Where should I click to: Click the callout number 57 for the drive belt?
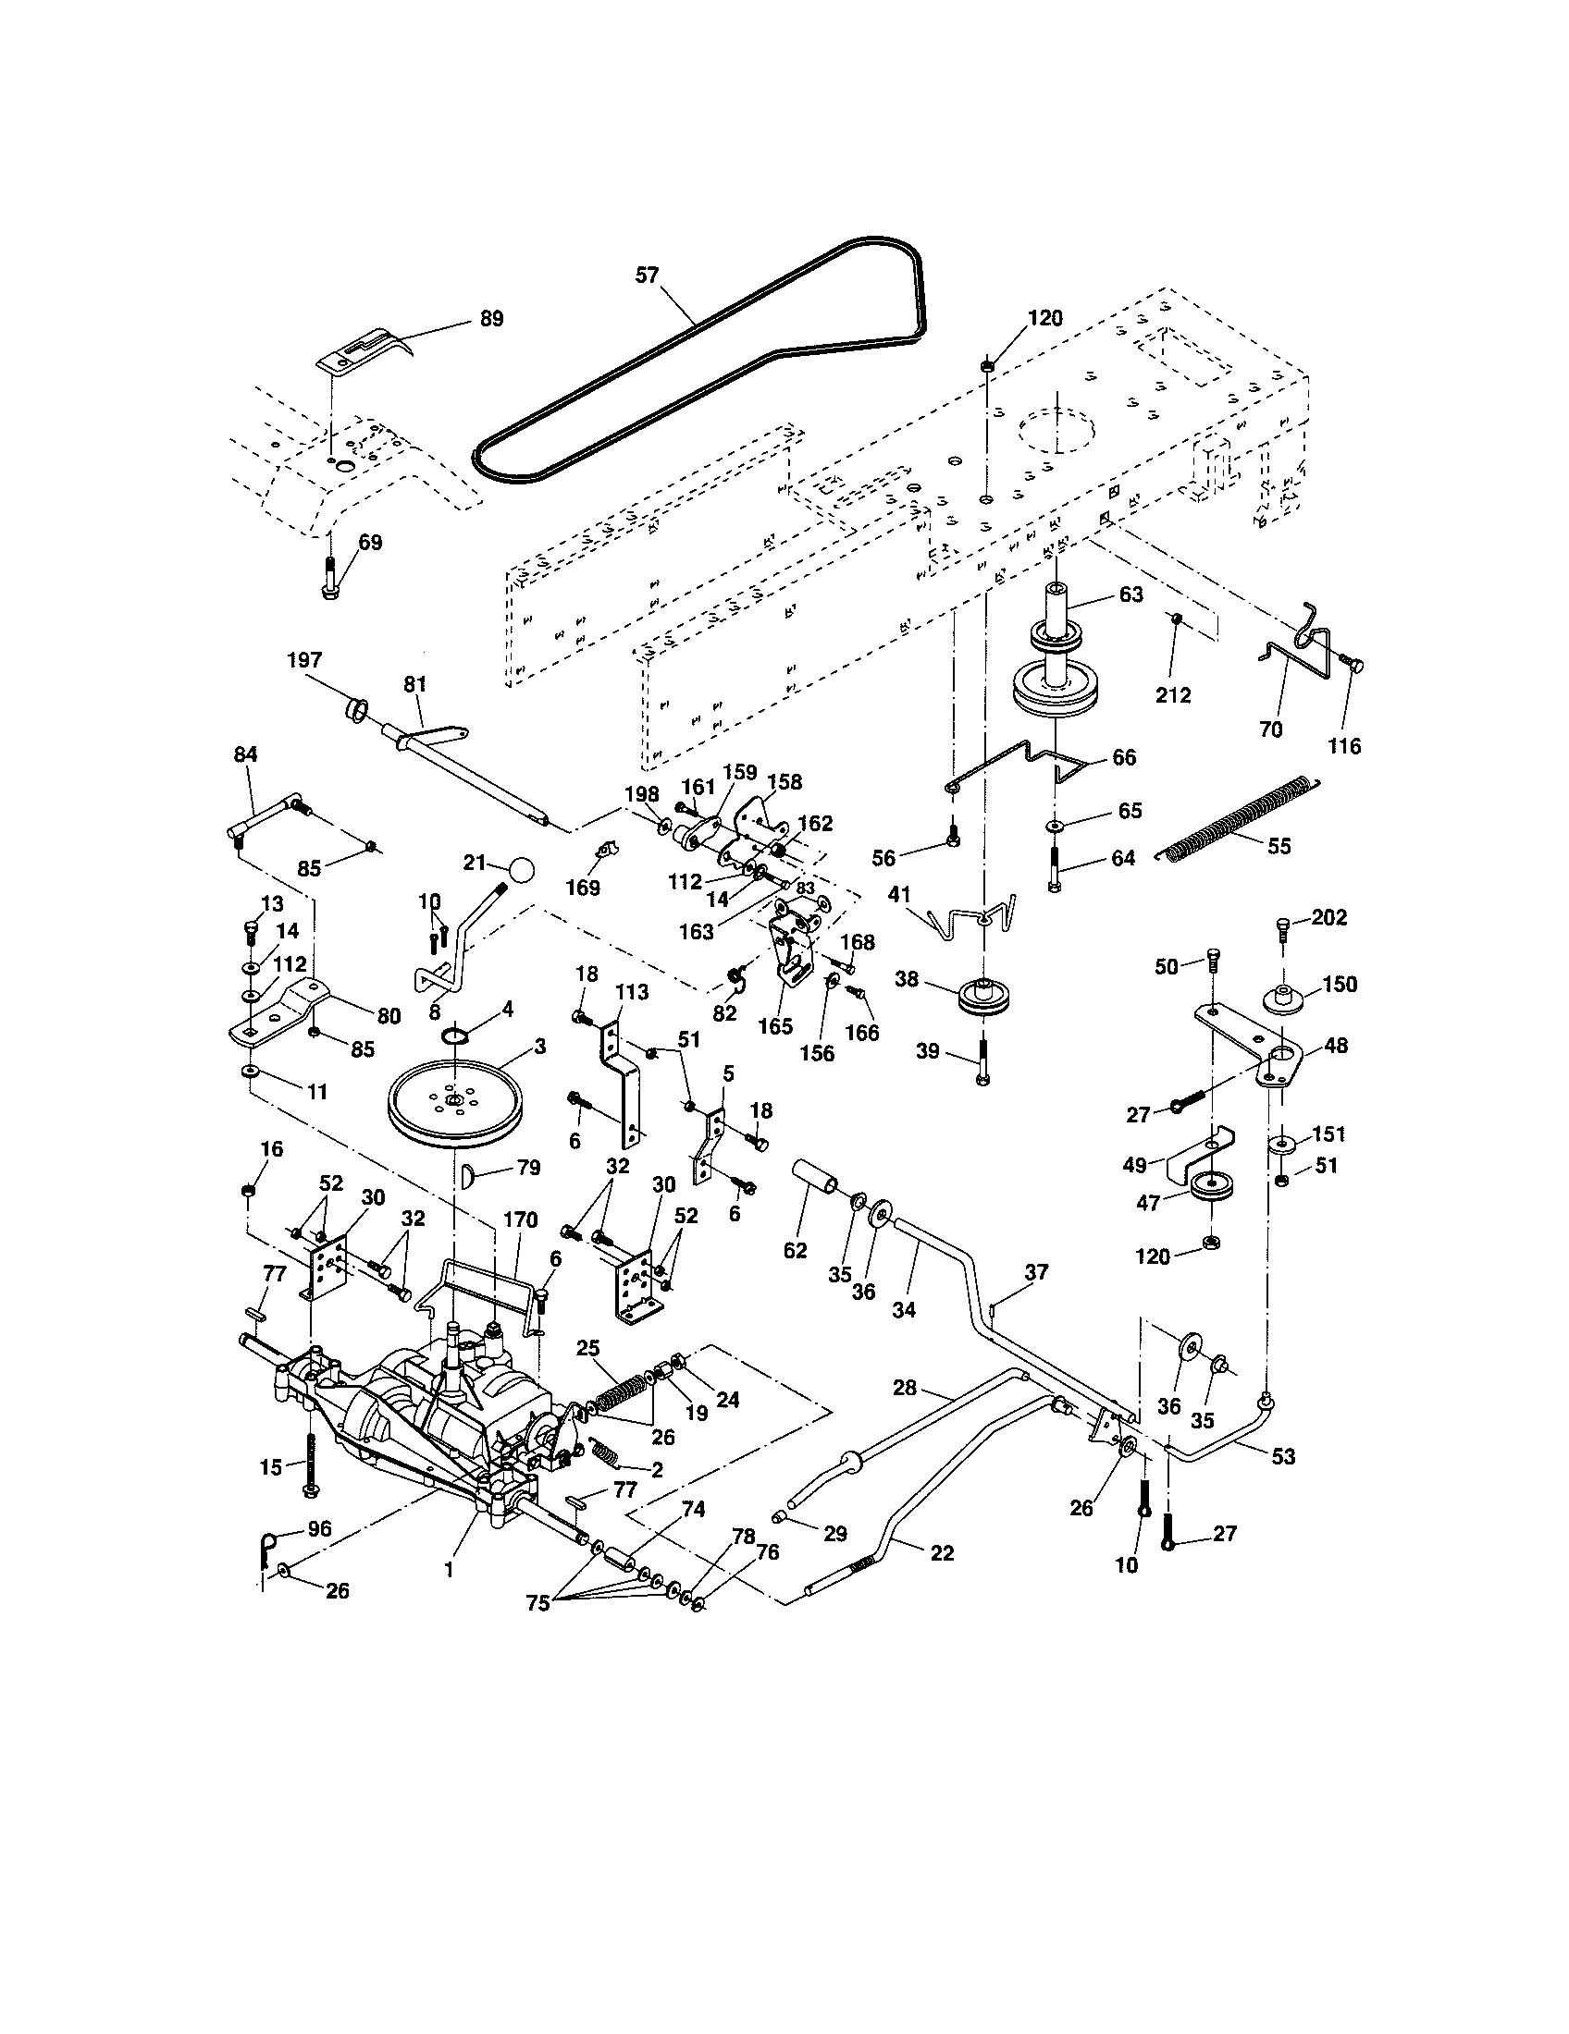tap(647, 276)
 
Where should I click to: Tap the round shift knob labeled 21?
tap(522, 871)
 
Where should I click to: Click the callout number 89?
tap(491, 319)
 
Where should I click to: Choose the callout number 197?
tap(304, 660)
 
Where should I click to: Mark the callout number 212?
tap(1173, 694)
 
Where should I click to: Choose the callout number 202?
tap(1328, 917)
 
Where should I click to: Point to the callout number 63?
tap(1130, 594)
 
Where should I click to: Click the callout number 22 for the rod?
tap(943, 1552)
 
